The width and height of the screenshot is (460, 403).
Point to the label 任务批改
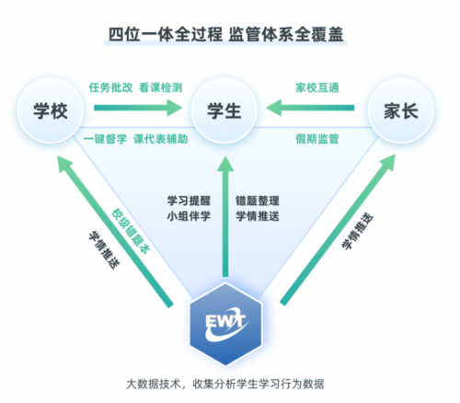109,87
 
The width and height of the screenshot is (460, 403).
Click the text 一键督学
102,139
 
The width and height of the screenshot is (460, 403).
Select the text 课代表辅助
161,139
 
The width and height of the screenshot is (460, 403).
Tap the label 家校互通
316,87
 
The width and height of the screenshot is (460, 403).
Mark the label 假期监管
316,139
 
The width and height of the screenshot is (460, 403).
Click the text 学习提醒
188,199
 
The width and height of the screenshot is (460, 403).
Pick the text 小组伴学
188,216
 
